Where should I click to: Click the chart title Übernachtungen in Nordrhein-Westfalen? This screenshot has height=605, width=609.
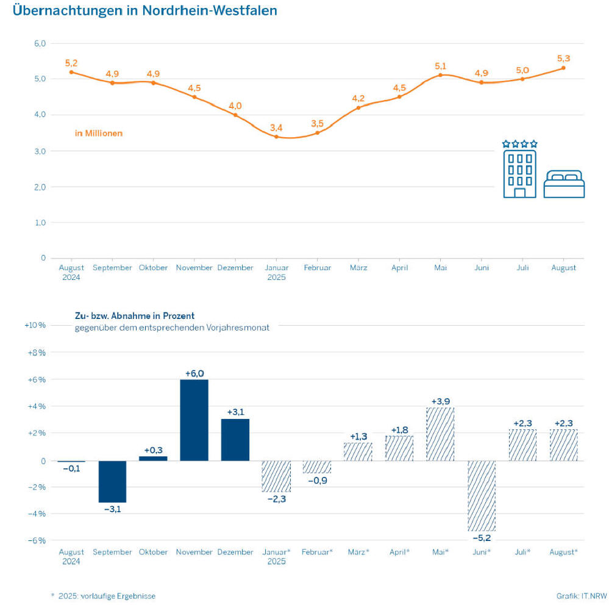[144, 10]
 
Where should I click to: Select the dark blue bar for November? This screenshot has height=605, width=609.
[194, 420]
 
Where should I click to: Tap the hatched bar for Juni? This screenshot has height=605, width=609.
[482, 495]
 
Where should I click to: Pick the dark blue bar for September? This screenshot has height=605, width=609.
[112, 481]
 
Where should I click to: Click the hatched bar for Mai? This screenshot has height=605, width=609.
[440, 434]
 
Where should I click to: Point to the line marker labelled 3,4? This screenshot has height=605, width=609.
[276, 137]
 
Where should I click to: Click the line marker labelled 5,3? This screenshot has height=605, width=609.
[563, 68]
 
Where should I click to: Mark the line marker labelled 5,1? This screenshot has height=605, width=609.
[440, 75]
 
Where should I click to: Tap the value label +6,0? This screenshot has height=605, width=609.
[194, 373]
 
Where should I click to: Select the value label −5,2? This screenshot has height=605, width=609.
[482, 538]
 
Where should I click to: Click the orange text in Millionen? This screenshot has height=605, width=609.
[99, 133]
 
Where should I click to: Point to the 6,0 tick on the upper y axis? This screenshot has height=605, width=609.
[40, 44]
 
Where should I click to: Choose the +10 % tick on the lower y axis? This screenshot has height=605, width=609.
[34, 325]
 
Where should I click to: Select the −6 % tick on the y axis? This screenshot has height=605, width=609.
[36, 540]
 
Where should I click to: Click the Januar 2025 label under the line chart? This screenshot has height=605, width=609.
[276, 272]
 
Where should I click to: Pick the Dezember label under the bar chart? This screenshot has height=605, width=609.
[235, 552]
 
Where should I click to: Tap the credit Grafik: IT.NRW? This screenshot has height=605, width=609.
[579, 596]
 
